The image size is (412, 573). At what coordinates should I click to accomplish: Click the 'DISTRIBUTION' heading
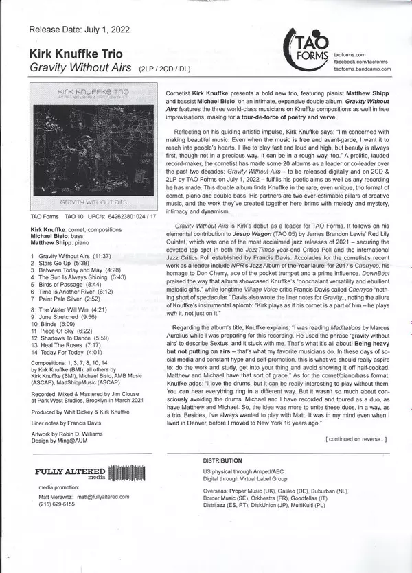click(223, 460)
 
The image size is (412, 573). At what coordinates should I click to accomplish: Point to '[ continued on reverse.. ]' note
click(356, 438)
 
